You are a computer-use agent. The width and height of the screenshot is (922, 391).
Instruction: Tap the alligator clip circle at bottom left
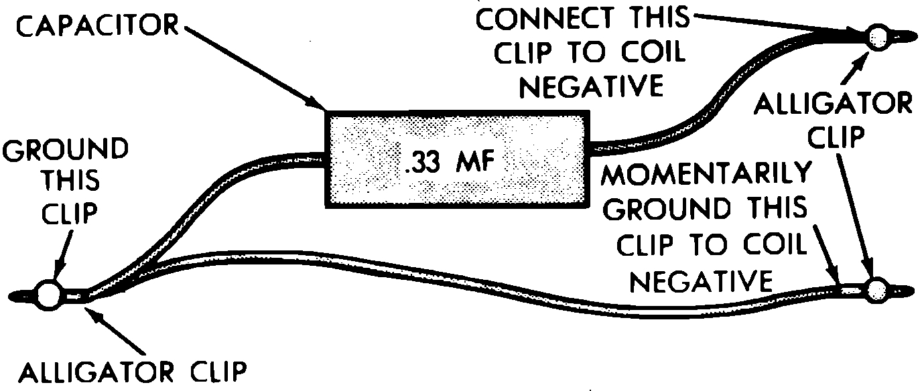coord(48,295)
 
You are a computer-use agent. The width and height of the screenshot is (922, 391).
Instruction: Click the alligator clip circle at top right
coord(878,37)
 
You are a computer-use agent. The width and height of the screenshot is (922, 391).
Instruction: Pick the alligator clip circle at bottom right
coord(877,290)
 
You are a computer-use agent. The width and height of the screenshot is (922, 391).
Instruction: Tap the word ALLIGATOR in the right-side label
coord(833,105)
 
